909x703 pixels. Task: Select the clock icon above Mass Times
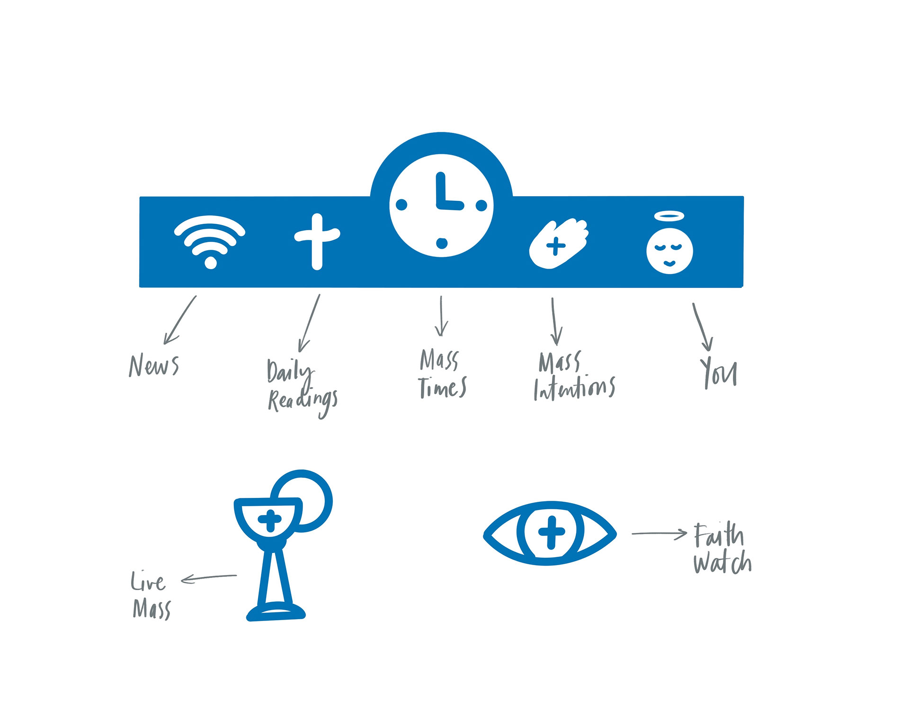[x=441, y=205]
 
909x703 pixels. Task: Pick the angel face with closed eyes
[x=669, y=251]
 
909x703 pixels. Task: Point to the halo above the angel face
[x=669, y=216]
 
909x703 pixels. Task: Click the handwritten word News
[x=154, y=366]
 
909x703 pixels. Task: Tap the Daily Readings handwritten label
[x=302, y=388]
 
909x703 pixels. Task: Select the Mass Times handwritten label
[x=442, y=374]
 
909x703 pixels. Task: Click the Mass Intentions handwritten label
[x=574, y=377]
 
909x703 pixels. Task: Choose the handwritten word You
[x=719, y=374]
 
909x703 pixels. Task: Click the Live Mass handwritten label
[x=151, y=595]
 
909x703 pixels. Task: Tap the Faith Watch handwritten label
[x=722, y=549]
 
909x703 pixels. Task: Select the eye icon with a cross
[x=550, y=533]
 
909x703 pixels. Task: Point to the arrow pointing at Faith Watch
[x=659, y=534]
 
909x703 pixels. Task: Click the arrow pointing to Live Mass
[x=209, y=577]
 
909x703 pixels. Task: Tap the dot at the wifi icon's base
[x=210, y=262]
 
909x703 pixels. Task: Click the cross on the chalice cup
[x=270, y=520]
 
